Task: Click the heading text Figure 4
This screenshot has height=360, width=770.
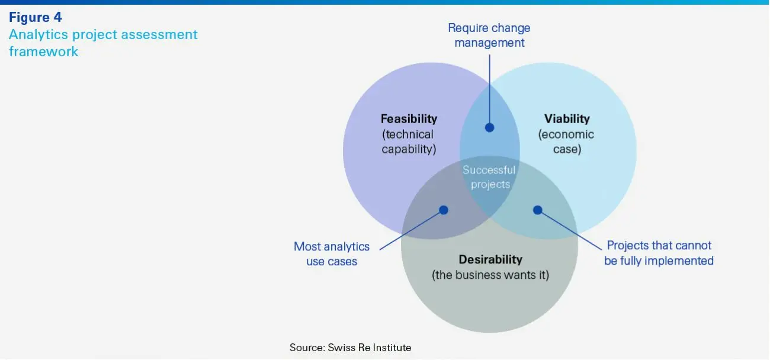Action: click(x=36, y=18)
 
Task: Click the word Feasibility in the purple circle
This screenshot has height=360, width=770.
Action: click(x=409, y=119)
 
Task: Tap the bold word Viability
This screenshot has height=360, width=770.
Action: click(x=567, y=119)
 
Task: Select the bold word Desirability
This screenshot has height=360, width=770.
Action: click(x=490, y=259)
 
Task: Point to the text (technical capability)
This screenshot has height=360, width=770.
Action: click(x=409, y=142)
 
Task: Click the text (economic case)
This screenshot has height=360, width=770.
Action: click(x=566, y=142)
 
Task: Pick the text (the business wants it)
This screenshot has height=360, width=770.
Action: click(x=490, y=275)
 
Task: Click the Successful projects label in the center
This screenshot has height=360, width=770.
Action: click(x=489, y=177)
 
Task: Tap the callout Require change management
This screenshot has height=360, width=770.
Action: click(x=489, y=36)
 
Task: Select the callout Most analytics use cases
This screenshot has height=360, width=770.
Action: click(x=332, y=253)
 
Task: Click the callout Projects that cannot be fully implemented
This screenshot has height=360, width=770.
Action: click(x=659, y=253)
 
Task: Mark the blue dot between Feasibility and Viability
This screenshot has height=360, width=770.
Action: click(x=489, y=127)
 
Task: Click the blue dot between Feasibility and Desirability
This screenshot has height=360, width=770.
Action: click(x=444, y=210)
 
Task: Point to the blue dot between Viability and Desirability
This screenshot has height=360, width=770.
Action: click(x=537, y=210)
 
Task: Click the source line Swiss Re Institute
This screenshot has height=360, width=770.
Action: click(x=350, y=348)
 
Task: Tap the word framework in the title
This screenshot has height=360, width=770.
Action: click(x=43, y=52)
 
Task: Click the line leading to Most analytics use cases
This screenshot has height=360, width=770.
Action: click(x=412, y=230)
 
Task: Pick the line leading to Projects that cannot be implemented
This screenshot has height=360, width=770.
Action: click(x=572, y=228)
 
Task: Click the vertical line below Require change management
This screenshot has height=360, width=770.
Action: click(x=489, y=89)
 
